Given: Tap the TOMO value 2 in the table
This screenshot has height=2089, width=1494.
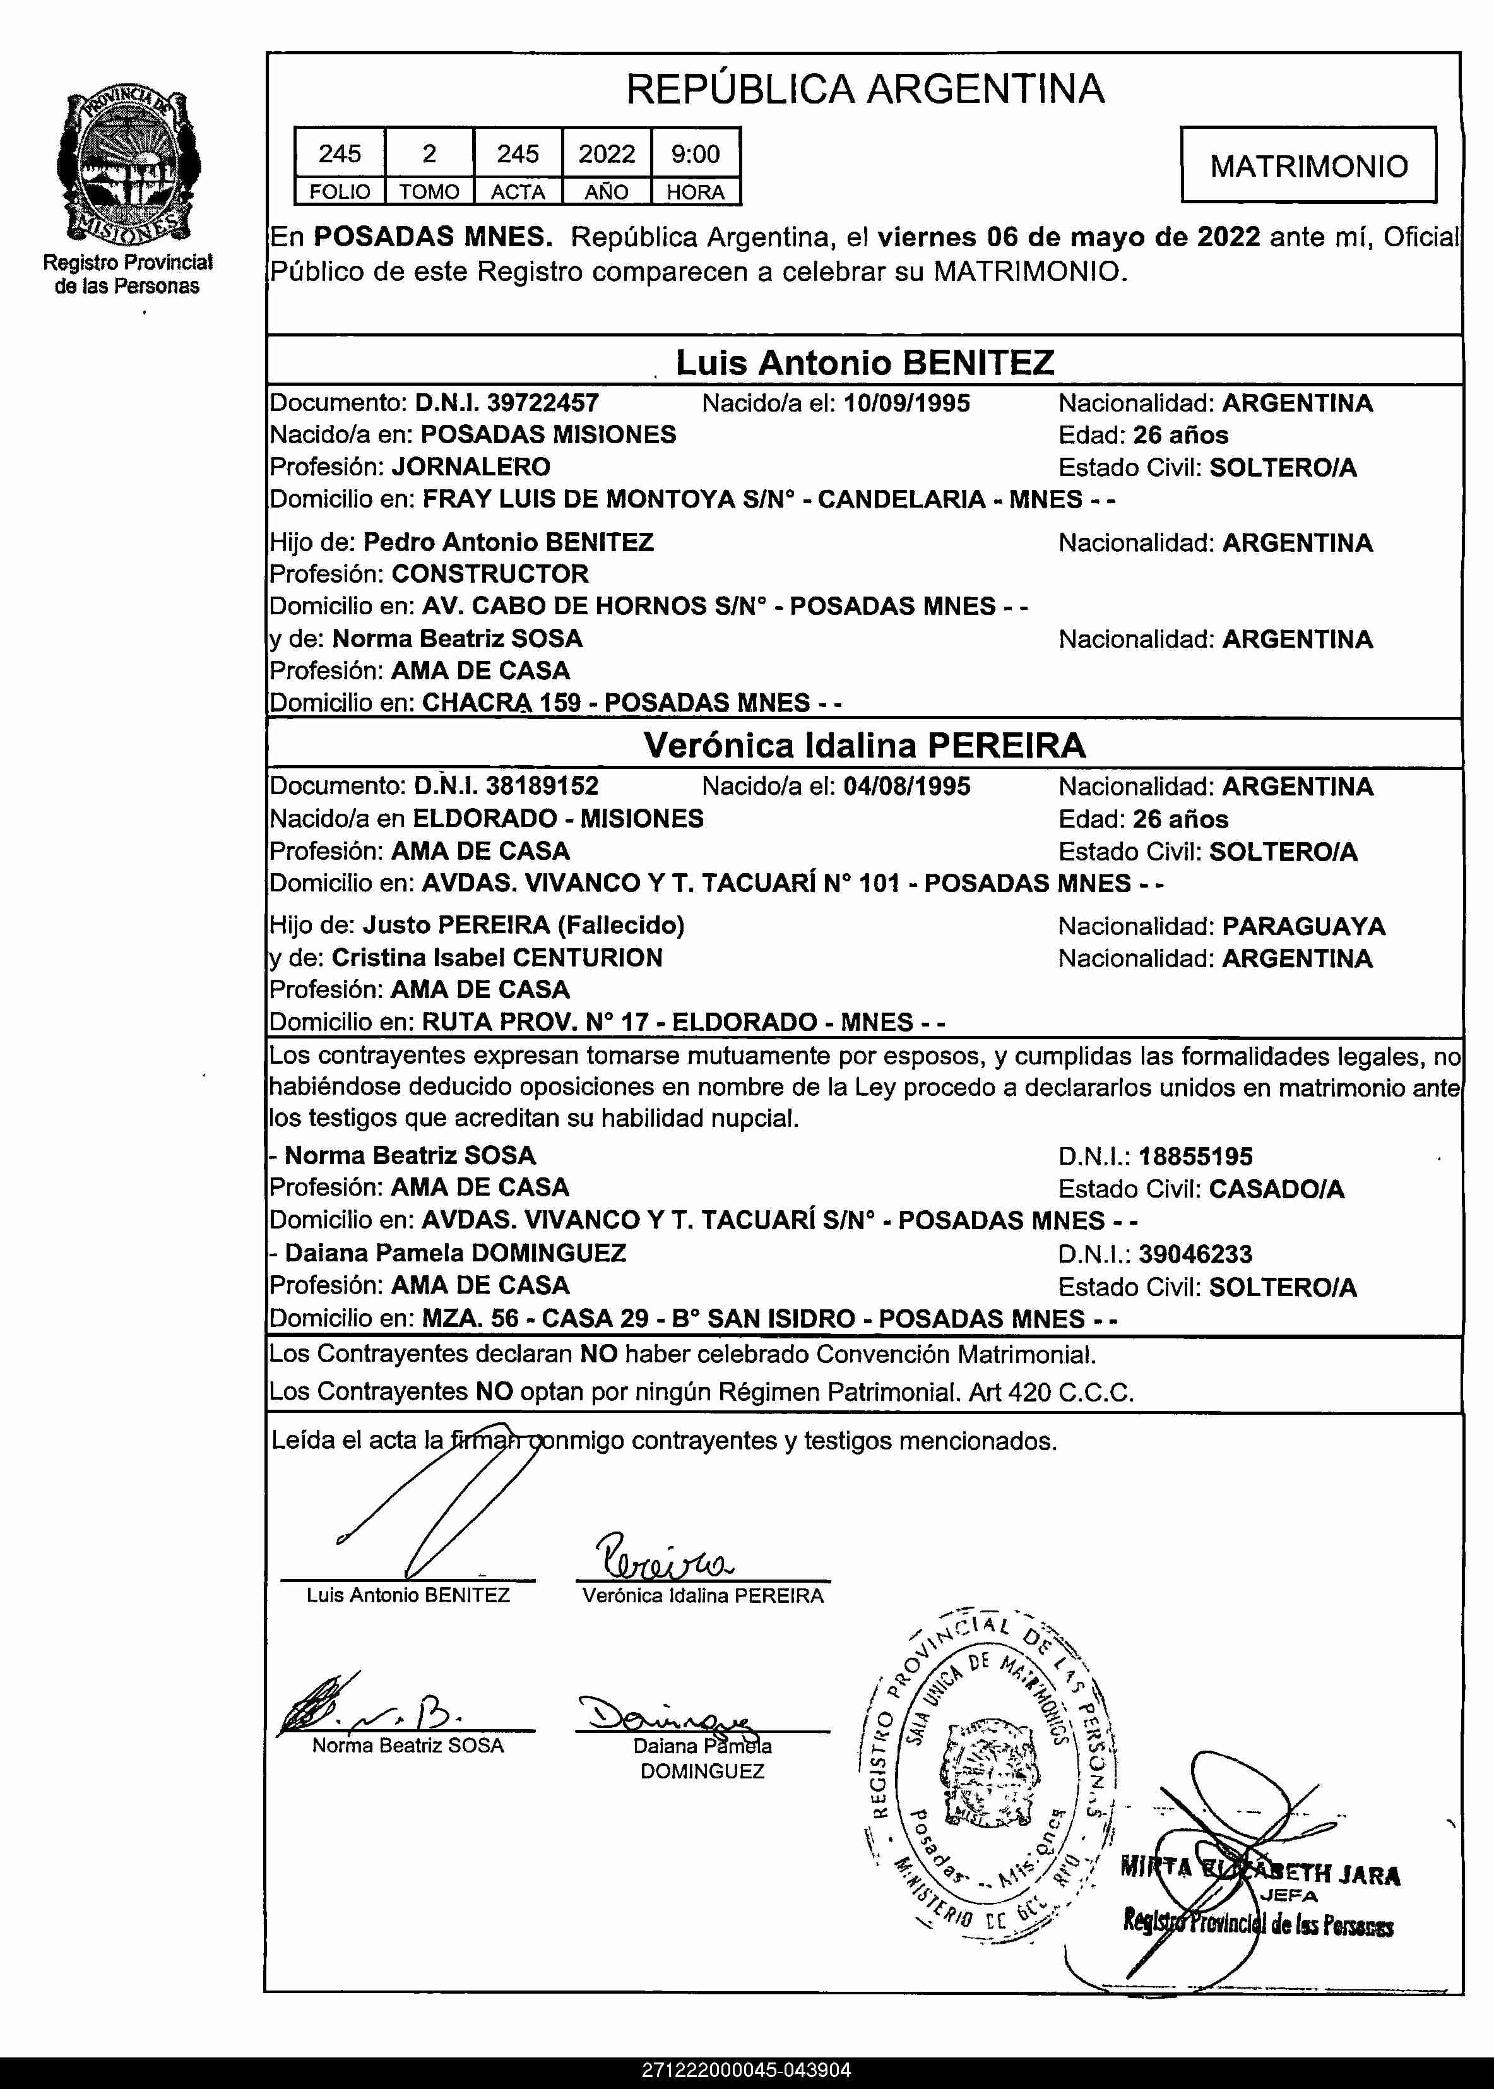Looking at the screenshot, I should [429, 153].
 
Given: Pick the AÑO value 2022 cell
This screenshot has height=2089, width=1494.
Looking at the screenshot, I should [607, 153].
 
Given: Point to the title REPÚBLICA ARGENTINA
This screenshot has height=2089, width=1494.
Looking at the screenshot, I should [865, 89].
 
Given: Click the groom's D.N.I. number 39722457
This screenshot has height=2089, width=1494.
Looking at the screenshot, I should [543, 403].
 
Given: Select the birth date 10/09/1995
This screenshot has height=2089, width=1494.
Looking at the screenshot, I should [906, 403].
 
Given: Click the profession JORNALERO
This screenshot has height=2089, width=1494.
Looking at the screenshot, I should [471, 467].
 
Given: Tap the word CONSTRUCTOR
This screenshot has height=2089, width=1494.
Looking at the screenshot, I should [489, 574].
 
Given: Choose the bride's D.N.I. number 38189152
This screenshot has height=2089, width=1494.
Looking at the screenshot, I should [542, 787].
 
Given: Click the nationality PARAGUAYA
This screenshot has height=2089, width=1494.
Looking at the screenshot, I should [1303, 926].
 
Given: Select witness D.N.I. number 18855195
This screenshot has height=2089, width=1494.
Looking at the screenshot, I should [1195, 1157].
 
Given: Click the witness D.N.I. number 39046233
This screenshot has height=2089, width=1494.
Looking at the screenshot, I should [1195, 1254].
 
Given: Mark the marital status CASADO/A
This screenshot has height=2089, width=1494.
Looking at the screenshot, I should [1276, 1189].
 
